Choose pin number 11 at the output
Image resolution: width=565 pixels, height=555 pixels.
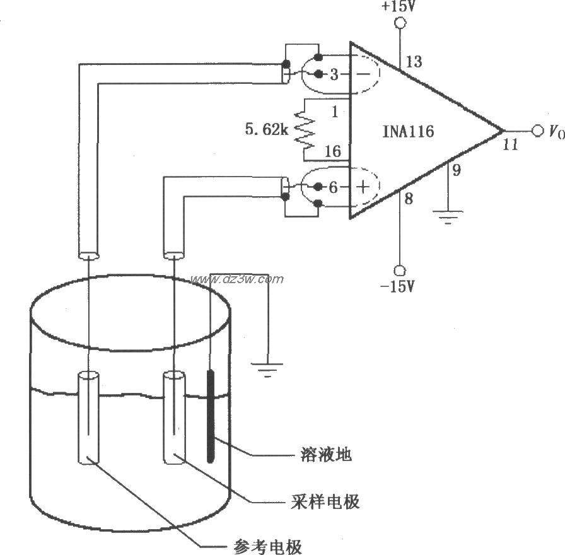(x=510, y=144)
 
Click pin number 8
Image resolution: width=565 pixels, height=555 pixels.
(x=408, y=199)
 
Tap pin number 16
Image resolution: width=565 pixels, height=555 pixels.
(x=332, y=151)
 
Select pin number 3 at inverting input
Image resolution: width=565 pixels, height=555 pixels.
(x=334, y=74)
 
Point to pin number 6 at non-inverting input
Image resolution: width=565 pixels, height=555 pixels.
(x=334, y=187)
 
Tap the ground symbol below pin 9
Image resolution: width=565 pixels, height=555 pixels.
(x=447, y=218)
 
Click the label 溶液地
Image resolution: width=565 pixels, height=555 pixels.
(x=322, y=454)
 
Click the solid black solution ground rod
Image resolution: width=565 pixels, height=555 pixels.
(x=210, y=416)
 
